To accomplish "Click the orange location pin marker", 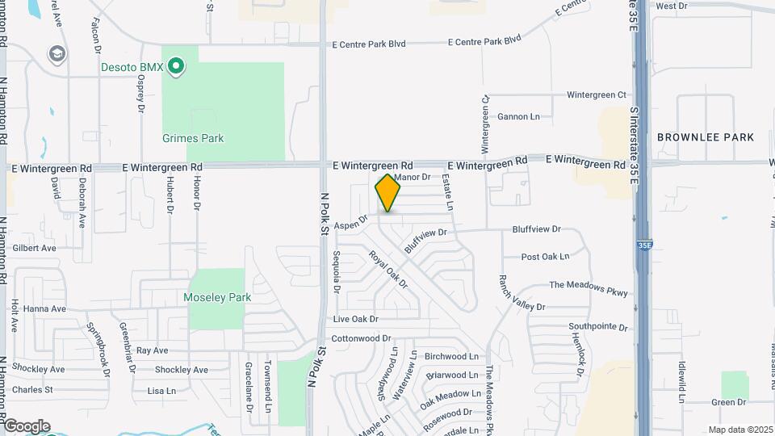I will click(388, 193).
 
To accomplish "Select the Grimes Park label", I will click(193, 138).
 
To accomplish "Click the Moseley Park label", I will click(217, 297).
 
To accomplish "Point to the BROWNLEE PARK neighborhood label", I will click(706, 137).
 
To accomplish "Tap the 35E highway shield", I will click(643, 242).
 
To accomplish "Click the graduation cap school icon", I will click(57, 54).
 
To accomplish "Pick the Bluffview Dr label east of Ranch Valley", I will click(536, 229).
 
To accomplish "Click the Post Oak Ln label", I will click(545, 257).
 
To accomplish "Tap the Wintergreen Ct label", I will click(596, 94).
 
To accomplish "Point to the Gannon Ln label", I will click(518, 116).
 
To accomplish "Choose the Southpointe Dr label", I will click(597, 327).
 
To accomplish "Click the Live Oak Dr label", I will click(355, 320).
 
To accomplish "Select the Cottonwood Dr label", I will click(361, 338).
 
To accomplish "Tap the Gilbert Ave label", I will click(34, 248).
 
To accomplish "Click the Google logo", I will click(27, 426).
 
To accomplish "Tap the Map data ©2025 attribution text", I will click(739, 429).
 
